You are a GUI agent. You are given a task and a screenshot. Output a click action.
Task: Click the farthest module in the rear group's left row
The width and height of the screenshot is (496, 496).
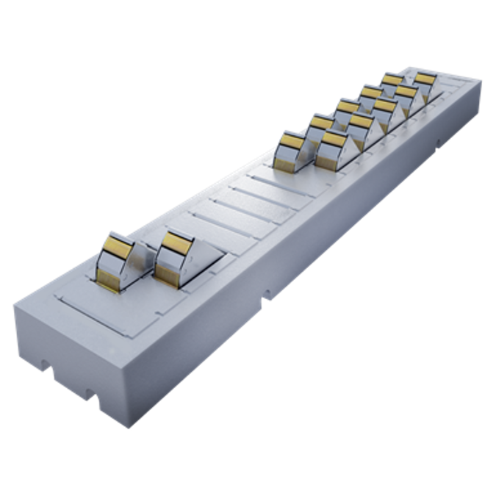(x=392, y=79)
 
